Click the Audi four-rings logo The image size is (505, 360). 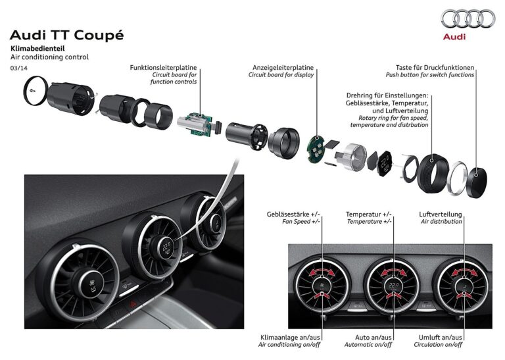pos(468,18)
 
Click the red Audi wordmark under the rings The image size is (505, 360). pos(454,36)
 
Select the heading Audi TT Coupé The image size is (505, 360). pos(66,35)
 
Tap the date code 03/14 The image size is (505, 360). pos(19,68)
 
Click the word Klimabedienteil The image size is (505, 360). pos(37,49)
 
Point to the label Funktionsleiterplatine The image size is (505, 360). pos(163,67)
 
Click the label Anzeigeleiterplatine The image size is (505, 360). pos(283,67)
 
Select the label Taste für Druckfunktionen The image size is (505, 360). pos(435,67)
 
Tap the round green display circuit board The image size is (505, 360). pos(315,149)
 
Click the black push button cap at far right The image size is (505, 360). pos(477,182)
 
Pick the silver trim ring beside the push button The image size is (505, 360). pos(458,178)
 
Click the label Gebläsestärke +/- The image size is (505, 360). pos(293,215)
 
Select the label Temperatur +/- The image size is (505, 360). pos(369,215)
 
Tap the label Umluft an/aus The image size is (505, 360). pos(441,338)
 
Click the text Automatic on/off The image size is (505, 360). pos(368,344)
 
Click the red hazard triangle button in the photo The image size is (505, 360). pos(133,303)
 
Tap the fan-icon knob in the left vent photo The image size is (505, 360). pos(93,284)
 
